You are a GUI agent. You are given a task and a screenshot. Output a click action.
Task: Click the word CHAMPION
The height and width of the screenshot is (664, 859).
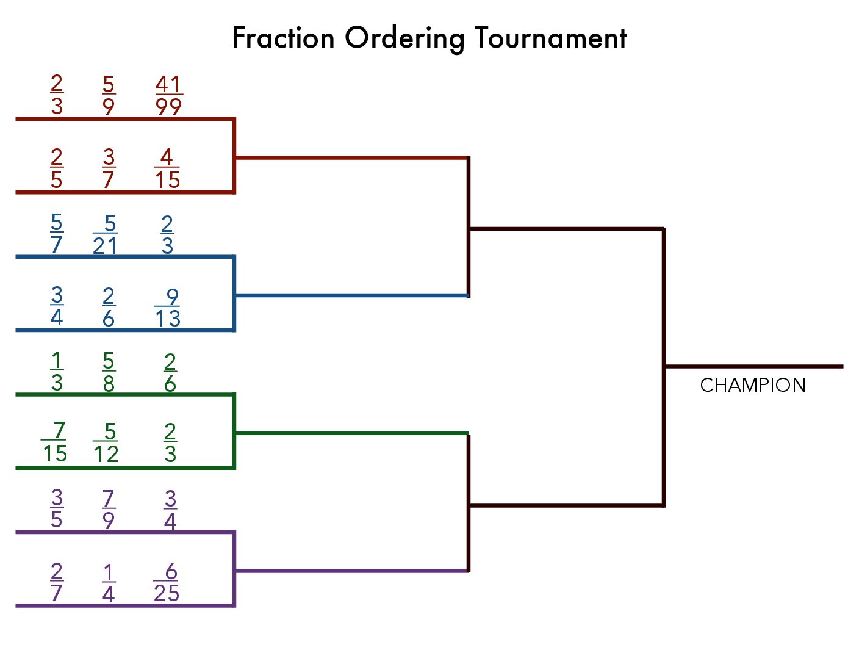click(752, 385)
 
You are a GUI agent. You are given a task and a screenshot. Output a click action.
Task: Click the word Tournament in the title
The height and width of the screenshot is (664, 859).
click(550, 38)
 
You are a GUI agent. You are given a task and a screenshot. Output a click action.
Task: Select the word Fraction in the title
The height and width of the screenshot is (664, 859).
click(283, 38)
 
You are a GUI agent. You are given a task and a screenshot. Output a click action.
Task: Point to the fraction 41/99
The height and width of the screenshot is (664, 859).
click(168, 95)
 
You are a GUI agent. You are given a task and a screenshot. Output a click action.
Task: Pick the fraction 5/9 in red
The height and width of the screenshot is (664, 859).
click(109, 95)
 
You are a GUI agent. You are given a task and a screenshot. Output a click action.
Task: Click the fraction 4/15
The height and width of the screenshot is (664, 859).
click(167, 168)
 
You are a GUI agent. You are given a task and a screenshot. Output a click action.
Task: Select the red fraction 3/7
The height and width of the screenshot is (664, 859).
click(109, 168)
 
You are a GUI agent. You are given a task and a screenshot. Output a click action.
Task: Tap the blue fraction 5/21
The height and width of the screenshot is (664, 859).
click(106, 234)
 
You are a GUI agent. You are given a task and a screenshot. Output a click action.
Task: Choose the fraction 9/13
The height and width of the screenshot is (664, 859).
click(167, 308)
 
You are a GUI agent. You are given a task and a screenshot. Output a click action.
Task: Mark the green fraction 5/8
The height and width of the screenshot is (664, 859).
click(109, 372)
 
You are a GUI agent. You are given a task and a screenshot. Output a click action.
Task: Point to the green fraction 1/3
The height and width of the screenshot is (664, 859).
click(57, 372)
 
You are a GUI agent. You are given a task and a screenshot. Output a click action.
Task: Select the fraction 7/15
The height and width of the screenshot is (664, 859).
click(54, 442)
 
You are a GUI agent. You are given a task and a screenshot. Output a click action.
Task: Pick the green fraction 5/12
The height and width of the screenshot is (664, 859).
click(106, 442)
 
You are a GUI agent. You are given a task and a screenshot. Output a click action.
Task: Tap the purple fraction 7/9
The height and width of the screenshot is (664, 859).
click(109, 509)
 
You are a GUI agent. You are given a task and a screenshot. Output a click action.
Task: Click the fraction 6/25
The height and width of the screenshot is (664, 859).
click(166, 582)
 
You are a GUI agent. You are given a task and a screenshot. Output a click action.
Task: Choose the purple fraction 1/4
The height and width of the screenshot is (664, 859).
click(109, 583)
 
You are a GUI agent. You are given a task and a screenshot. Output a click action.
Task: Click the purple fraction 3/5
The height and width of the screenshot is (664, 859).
click(57, 508)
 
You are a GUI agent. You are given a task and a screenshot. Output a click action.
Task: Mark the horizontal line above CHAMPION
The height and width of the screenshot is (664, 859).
click(753, 367)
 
